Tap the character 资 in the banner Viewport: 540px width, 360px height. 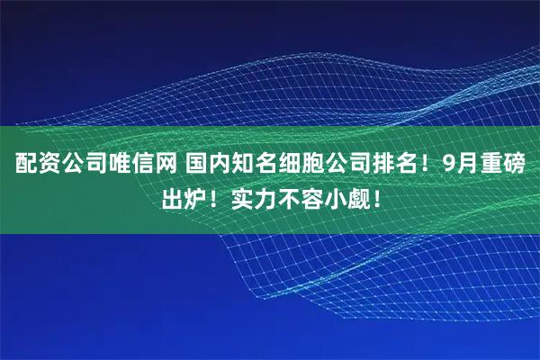coord(45,166)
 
